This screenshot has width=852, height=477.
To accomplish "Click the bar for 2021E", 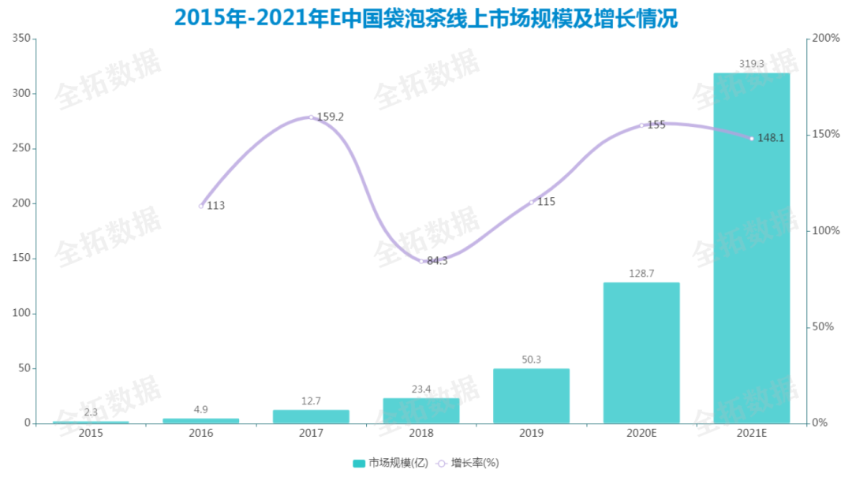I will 751,248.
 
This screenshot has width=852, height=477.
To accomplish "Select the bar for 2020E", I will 641,352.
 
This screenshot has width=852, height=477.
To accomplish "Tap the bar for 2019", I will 531,396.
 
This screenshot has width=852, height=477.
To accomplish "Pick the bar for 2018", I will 421,410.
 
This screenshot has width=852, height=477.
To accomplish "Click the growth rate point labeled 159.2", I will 311,117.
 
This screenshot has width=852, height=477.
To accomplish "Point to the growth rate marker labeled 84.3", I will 421,261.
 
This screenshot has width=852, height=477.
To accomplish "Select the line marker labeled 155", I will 641,125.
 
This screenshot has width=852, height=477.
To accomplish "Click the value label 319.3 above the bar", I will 751,64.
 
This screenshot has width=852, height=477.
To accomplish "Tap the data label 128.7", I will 641,273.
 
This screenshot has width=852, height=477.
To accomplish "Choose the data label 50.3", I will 531,360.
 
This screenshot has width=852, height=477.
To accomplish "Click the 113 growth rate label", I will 215,206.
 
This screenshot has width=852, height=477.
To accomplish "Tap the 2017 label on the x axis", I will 311,434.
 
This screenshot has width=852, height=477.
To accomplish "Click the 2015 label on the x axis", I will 91,434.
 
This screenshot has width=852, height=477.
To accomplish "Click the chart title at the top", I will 426,17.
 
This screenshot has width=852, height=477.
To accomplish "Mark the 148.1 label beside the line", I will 771,138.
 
